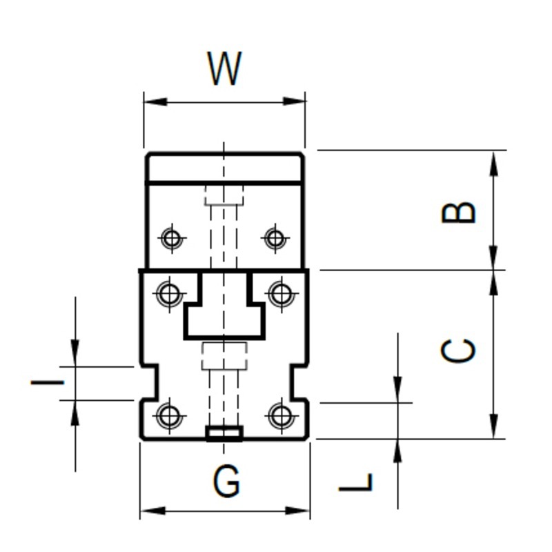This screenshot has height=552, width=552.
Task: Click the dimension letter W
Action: (x=225, y=68)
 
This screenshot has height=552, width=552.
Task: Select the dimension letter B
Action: (x=459, y=213)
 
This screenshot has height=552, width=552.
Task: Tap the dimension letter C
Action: (x=459, y=351)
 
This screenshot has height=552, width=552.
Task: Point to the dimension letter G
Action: (x=226, y=482)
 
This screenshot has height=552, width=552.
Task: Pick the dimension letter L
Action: (x=357, y=482)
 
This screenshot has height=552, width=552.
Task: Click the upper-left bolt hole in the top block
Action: (x=170, y=239)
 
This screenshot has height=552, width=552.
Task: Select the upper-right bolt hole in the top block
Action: (x=275, y=239)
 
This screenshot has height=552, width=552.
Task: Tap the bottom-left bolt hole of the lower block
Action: (x=169, y=416)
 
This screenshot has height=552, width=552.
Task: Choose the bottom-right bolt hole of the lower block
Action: (x=281, y=416)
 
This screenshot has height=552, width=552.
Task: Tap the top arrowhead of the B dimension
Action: (x=493, y=161)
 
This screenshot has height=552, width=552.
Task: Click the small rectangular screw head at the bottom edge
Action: (x=225, y=433)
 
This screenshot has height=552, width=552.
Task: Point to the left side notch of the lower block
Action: (x=148, y=383)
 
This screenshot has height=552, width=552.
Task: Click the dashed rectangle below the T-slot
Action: (x=224, y=356)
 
